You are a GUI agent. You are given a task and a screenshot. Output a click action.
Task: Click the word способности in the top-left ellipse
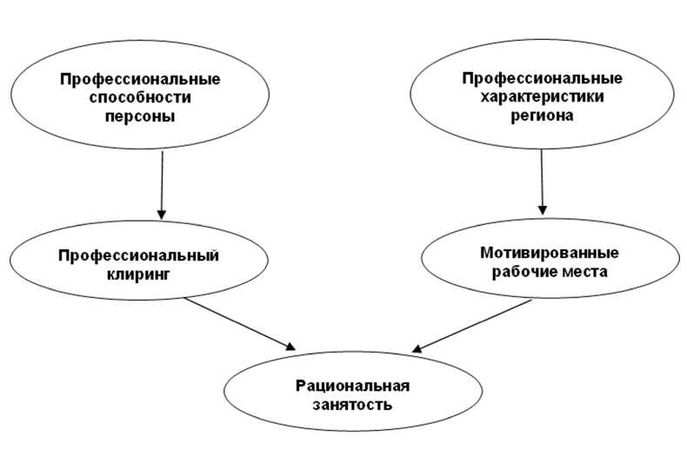point(139,97)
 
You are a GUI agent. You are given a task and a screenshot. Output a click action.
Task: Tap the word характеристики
point(541,96)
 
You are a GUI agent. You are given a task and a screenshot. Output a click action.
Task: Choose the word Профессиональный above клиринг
point(137,255)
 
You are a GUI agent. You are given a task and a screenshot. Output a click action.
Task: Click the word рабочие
point(527,271)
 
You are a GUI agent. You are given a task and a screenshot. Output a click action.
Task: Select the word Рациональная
point(351,387)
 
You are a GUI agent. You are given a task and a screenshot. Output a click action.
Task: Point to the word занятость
point(351,404)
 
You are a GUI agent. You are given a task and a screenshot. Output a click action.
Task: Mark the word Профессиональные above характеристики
point(541,79)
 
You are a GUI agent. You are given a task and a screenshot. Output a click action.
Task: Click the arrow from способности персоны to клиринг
point(161,182)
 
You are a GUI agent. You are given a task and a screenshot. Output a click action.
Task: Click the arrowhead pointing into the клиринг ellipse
point(161,213)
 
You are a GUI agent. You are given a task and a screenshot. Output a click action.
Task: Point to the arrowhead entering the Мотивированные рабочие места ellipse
point(543,208)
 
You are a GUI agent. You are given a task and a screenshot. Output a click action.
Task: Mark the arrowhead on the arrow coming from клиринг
point(288,347)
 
